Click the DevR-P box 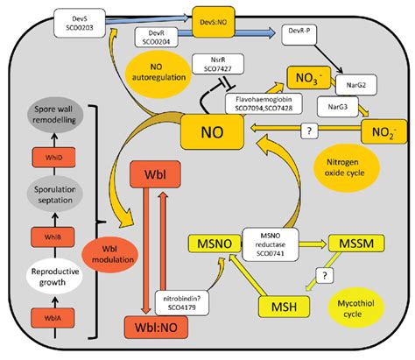coord(299,33)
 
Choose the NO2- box coord(383,134)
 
